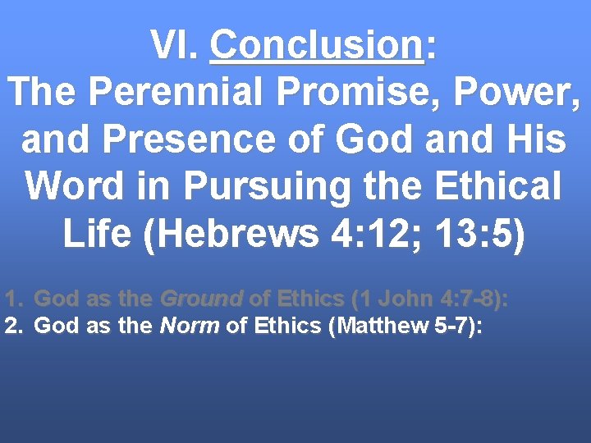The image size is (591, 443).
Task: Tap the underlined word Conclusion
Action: point(317,45)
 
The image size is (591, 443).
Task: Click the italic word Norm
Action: point(189,326)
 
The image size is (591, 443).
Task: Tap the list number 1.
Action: point(11,298)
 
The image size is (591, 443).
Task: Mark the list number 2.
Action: point(11,326)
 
